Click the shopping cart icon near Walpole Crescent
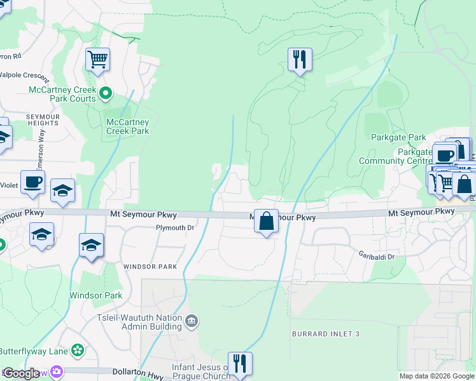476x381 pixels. click(x=97, y=60)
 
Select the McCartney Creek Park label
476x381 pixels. click(x=128, y=126)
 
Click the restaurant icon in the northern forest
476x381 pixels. click(x=298, y=60)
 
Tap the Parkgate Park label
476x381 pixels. click(x=398, y=137)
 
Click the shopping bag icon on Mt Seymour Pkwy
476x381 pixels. click(x=267, y=222)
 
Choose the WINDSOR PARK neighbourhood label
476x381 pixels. click(x=150, y=267)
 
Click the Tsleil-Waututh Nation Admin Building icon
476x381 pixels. click(x=191, y=323)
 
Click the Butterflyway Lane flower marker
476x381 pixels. click(x=78, y=350)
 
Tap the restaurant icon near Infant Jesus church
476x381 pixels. click(x=240, y=364)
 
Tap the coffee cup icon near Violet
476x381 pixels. click(x=32, y=182)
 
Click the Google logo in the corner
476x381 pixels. click(x=21, y=373)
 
